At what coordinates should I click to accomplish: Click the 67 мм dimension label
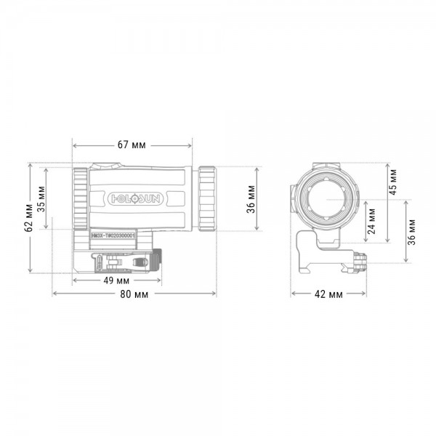(x=132, y=145)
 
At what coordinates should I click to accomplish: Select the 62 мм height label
(x=28, y=217)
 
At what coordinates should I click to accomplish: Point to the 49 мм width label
(x=116, y=280)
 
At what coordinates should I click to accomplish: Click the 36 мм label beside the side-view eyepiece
(x=251, y=195)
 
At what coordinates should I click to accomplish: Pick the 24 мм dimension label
(x=372, y=219)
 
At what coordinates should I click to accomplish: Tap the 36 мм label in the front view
(x=412, y=230)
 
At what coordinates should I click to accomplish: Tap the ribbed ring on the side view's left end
(x=78, y=196)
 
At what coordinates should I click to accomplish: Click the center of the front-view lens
(x=328, y=196)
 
